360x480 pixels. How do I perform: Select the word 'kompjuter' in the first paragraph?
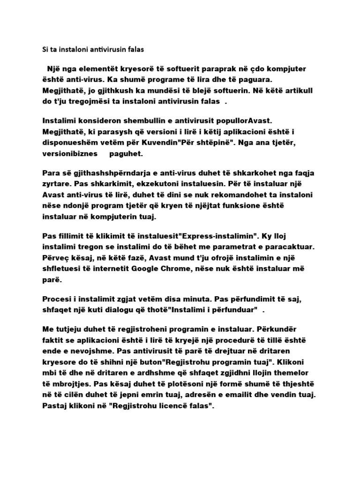click(x=297, y=69)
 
